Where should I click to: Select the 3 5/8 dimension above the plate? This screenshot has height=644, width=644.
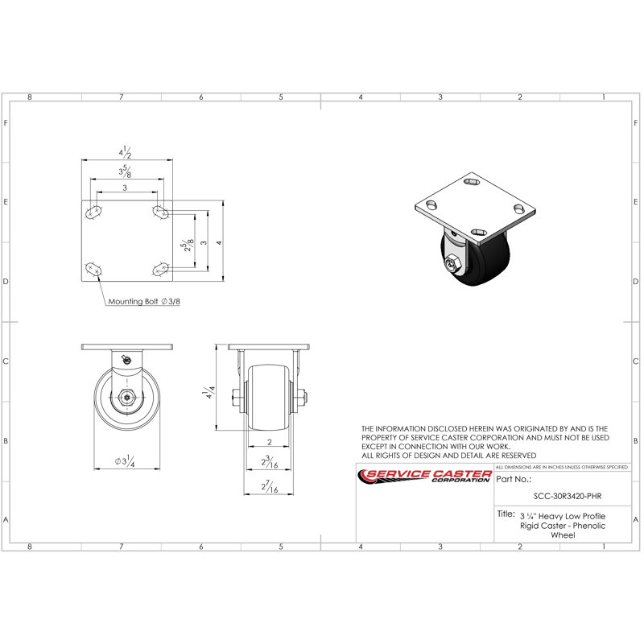coord(126,171)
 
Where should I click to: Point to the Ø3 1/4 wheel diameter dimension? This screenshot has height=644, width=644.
coord(124,461)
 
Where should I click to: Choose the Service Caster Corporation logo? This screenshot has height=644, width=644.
coord(424,477)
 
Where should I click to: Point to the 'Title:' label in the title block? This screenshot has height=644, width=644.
coord(506,513)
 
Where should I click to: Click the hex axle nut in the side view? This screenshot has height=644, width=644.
coord(126,397)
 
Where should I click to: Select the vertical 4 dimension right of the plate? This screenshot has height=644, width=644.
coord(219,242)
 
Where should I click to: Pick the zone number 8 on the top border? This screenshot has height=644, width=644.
coord(30,97)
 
